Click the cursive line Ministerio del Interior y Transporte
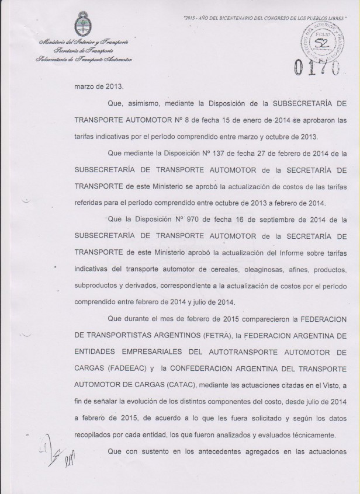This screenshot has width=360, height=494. pos(84,44)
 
